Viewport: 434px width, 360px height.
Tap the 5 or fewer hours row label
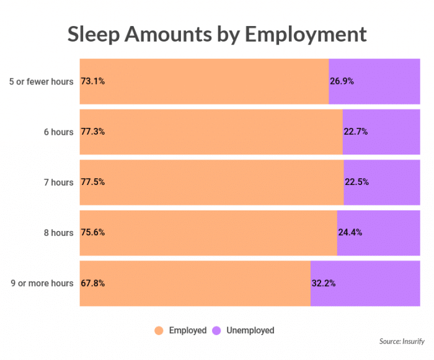coord(42,81)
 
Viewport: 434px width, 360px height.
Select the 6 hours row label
coord(58,132)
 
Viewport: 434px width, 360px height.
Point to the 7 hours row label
coord(58,182)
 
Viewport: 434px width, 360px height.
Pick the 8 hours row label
coord(58,233)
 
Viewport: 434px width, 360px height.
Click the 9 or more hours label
coord(42,283)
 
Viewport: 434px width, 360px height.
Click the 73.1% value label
coord(92,81)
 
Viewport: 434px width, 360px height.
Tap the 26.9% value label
coord(342,81)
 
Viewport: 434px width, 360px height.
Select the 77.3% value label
coord(92,132)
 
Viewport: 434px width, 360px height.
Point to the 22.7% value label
coord(355,132)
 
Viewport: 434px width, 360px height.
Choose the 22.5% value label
coord(356,182)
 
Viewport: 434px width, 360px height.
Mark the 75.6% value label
coord(92,233)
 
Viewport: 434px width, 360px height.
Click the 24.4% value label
coord(350,233)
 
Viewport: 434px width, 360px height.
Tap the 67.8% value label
coord(92,283)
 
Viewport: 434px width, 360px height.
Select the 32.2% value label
coord(324,283)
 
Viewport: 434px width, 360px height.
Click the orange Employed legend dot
coord(159,330)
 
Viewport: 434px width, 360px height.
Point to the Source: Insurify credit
coord(403,341)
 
